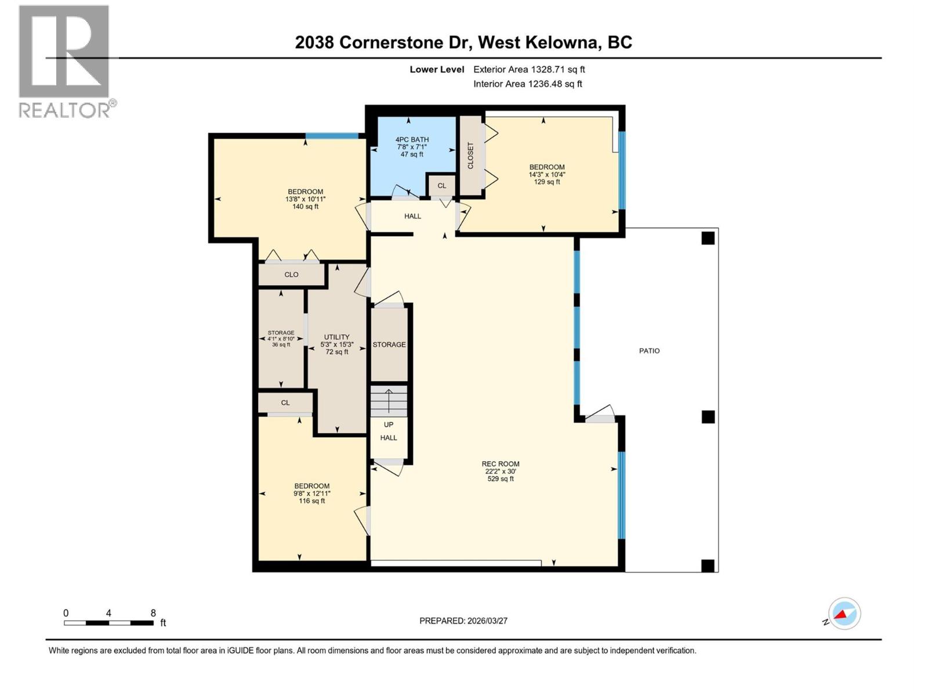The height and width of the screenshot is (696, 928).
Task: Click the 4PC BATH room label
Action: click(412, 147)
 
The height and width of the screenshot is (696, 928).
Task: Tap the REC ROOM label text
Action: click(500, 471)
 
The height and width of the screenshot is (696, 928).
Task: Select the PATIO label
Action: click(649, 351)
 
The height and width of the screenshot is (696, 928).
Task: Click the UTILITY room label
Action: click(336, 344)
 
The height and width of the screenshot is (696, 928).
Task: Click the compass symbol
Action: click(844, 614)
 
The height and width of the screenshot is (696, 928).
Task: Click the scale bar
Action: click(108, 623)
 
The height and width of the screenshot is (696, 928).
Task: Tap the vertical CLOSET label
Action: click(470, 155)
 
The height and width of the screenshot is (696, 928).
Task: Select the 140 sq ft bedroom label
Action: click(305, 199)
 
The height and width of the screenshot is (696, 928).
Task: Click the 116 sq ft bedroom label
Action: click(311, 493)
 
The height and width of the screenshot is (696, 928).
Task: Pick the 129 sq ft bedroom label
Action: click(546, 174)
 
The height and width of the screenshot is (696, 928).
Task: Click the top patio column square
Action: click(708, 238)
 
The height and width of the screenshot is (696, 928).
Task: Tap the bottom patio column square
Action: click(708, 565)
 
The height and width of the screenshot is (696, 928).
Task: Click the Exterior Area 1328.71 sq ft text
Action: click(529, 70)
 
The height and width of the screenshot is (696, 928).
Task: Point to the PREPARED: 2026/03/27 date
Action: click(463, 621)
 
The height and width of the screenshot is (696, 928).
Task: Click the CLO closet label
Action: click(291, 275)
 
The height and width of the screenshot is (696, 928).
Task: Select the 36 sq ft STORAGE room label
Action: click(281, 339)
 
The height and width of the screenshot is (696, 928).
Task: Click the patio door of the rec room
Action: click(599, 415)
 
